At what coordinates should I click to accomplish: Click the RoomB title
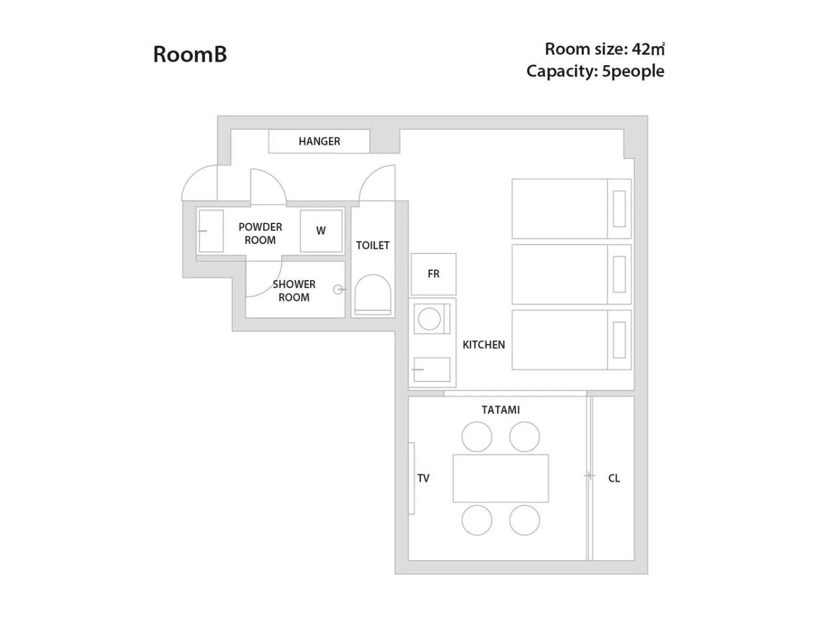tap(190, 54)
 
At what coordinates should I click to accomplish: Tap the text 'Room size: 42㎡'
tap(604, 49)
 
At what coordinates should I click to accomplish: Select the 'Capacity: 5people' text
tap(595, 71)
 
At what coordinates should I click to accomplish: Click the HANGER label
tap(319, 141)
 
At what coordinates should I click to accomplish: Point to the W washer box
tap(321, 231)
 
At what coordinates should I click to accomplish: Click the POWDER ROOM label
tap(260, 233)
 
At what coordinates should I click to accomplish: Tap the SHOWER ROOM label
tap(294, 291)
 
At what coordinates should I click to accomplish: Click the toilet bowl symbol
tap(373, 294)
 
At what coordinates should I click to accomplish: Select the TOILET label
tap(373, 245)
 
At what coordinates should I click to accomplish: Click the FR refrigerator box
tap(434, 274)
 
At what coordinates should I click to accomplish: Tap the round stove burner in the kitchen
tap(429, 319)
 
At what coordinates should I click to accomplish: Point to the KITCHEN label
tap(483, 345)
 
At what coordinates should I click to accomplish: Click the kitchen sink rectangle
tap(432, 370)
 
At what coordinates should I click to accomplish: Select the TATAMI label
tap(501, 410)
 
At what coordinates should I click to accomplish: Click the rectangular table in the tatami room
tap(501, 478)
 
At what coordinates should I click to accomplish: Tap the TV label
tap(424, 478)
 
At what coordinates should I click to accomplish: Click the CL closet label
tap(614, 478)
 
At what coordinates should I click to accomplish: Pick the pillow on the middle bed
tap(620, 274)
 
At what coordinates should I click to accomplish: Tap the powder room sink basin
tap(211, 231)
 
